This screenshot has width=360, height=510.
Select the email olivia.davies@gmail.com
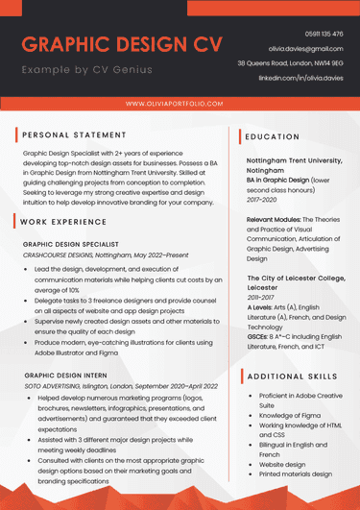[305, 48]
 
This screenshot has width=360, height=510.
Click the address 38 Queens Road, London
[290, 62]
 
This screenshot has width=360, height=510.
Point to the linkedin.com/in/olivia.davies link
[300, 77]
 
